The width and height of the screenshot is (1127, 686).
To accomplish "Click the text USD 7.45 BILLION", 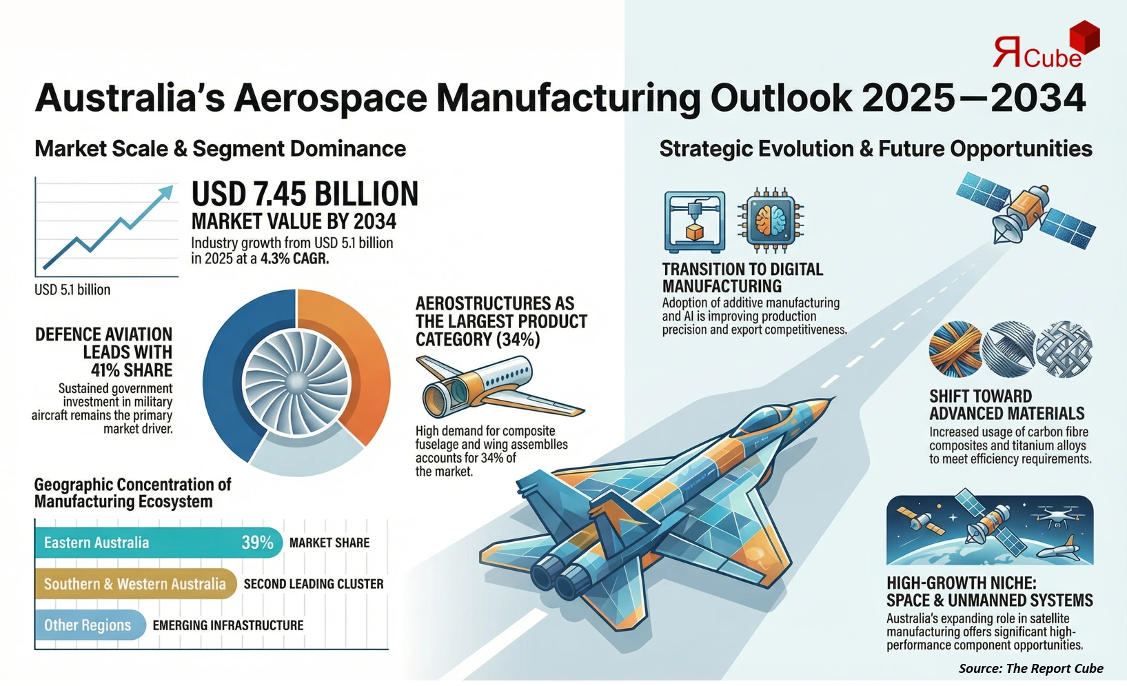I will (x=305, y=194).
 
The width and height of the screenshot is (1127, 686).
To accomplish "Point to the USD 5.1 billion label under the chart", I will (x=72, y=290).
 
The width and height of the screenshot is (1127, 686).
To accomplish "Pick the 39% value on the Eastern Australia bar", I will (x=257, y=543).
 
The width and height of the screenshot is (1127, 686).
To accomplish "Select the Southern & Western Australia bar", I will (x=135, y=584).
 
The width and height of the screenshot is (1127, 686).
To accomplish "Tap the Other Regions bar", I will (x=88, y=625).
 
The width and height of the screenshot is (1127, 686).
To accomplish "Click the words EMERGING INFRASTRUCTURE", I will (x=228, y=625).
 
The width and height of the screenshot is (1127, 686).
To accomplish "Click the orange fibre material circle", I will (x=955, y=349).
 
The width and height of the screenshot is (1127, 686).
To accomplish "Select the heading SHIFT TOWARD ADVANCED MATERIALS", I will (x=1006, y=405).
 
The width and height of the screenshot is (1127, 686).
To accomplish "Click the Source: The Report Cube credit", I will (x=1030, y=668).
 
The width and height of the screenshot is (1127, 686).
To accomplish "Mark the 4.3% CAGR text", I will (x=294, y=259).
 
